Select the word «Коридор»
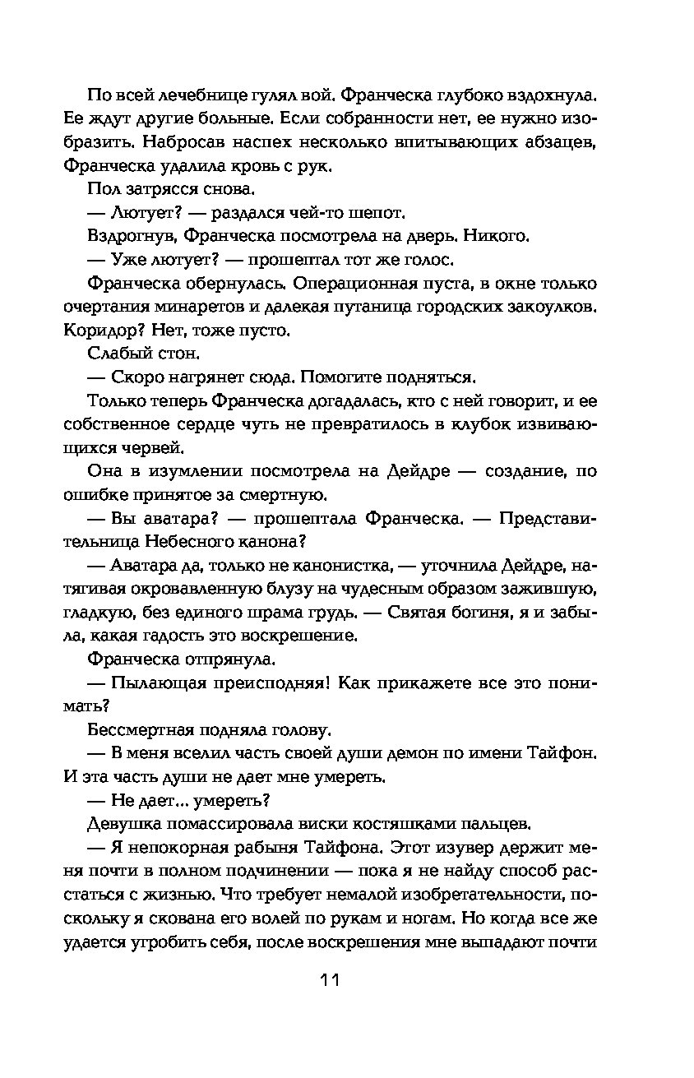(97, 331)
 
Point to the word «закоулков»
(553, 308)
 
